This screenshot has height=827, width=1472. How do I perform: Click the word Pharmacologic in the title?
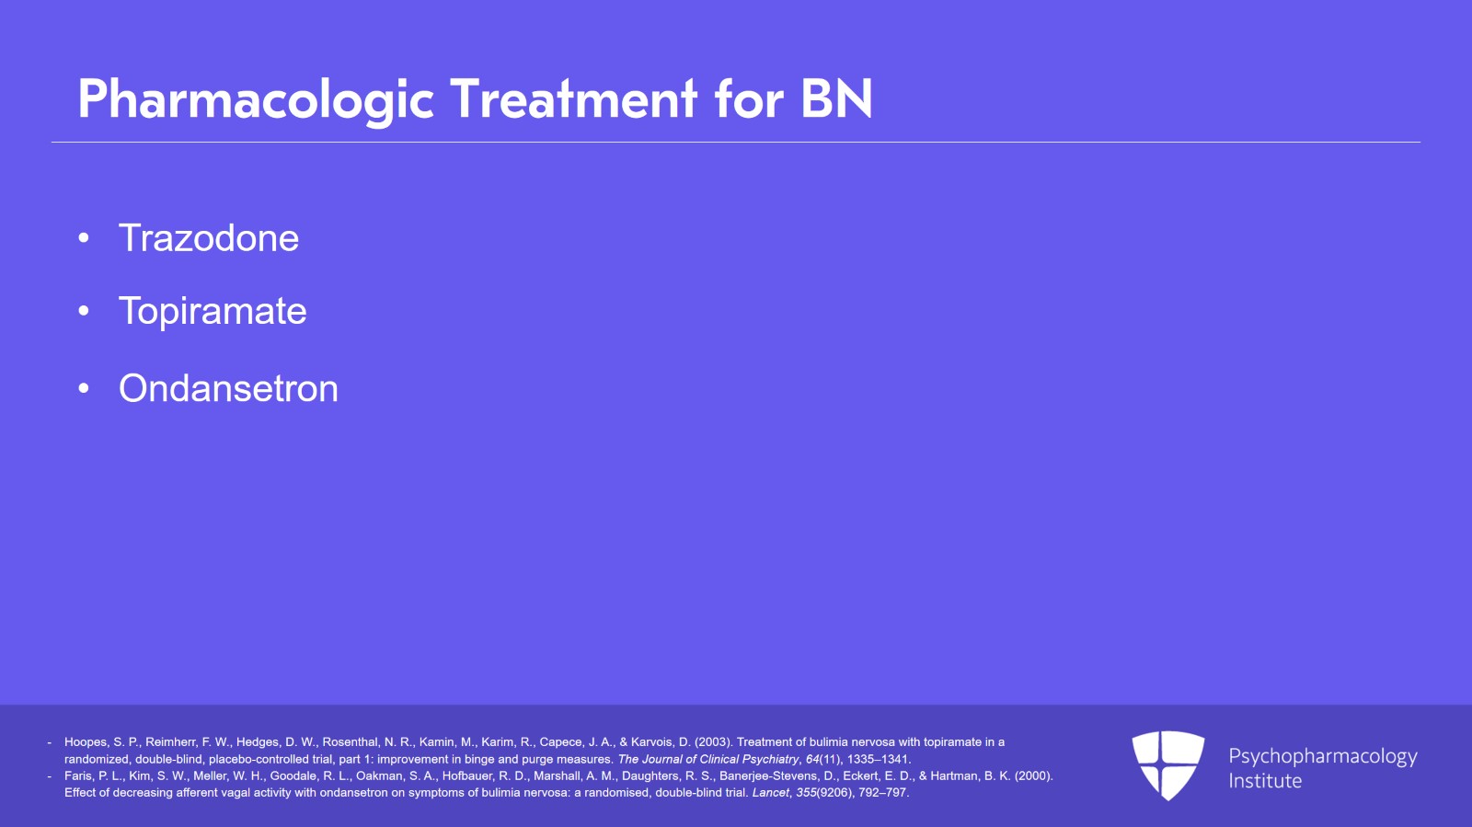click(256, 100)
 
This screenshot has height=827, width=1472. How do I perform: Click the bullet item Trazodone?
click(208, 237)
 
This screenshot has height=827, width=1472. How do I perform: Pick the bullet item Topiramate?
click(213, 311)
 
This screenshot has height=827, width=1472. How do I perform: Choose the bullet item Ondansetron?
click(228, 388)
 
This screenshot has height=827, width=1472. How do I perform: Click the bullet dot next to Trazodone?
click(84, 237)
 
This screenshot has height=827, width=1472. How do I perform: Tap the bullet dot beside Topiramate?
click(84, 311)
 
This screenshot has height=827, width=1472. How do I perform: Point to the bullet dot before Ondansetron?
click(84, 388)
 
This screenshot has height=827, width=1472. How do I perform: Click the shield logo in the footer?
click(1167, 765)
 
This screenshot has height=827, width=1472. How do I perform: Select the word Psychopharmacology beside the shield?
click(1323, 757)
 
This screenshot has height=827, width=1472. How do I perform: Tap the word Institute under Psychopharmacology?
click(1265, 781)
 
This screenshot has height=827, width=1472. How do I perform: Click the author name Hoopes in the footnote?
click(86, 742)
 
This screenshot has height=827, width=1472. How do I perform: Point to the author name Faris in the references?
click(78, 775)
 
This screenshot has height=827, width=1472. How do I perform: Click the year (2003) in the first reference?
click(713, 742)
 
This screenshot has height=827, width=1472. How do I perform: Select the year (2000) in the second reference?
click(1034, 775)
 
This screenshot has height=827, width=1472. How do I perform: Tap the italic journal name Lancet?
click(770, 793)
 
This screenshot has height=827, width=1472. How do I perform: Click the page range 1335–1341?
click(878, 759)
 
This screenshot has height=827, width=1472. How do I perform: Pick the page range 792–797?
click(882, 793)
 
